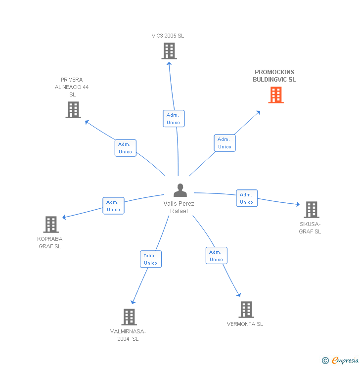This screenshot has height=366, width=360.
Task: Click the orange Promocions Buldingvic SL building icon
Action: click(x=276, y=95)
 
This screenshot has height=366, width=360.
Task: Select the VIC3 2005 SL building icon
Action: click(x=169, y=51)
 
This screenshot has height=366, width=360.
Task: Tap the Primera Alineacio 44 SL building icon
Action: click(x=73, y=110)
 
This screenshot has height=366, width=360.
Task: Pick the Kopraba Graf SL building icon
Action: click(x=50, y=225)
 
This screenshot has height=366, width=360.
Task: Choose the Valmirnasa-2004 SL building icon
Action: click(x=129, y=317)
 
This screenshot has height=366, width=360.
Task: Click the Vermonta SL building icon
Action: click(x=246, y=310)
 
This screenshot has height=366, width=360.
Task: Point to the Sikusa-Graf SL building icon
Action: click(x=311, y=210)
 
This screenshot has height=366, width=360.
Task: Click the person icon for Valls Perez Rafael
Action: click(x=180, y=190)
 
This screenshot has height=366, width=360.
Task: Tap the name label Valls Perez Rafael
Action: click(x=179, y=207)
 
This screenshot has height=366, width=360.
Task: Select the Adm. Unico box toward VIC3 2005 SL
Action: click(x=174, y=119)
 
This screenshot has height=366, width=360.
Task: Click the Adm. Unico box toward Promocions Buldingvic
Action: click(x=225, y=143)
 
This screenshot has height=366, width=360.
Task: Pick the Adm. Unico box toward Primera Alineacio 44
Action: click(x=125, y=148)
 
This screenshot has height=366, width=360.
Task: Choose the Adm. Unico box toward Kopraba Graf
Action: click(x=113, y=206)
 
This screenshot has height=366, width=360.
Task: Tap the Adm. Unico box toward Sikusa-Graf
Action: click(x=246, y=198)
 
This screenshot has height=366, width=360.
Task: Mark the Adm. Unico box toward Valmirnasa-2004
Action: click(x=150, y=259)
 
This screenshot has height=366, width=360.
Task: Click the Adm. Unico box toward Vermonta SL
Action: click(x=216, y=256)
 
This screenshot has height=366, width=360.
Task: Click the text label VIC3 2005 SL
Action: click(x=168, y=36)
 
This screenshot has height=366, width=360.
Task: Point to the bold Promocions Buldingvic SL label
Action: click(x=274, y=76)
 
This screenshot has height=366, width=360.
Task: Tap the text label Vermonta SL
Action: click(x=245, y=324)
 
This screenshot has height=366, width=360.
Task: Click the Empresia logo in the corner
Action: click(x=341, y=361)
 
